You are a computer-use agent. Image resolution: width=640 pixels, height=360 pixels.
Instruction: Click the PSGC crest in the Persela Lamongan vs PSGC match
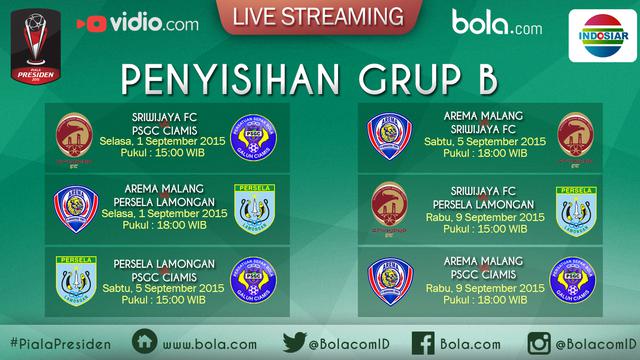click(254, 281)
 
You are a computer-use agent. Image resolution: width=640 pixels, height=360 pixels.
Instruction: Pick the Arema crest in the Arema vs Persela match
click(76, 210)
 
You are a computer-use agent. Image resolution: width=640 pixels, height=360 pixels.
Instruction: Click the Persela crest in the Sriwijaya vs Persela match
click(574, 210)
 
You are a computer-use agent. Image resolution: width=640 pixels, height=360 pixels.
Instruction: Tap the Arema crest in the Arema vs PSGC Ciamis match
click(389, 281)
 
